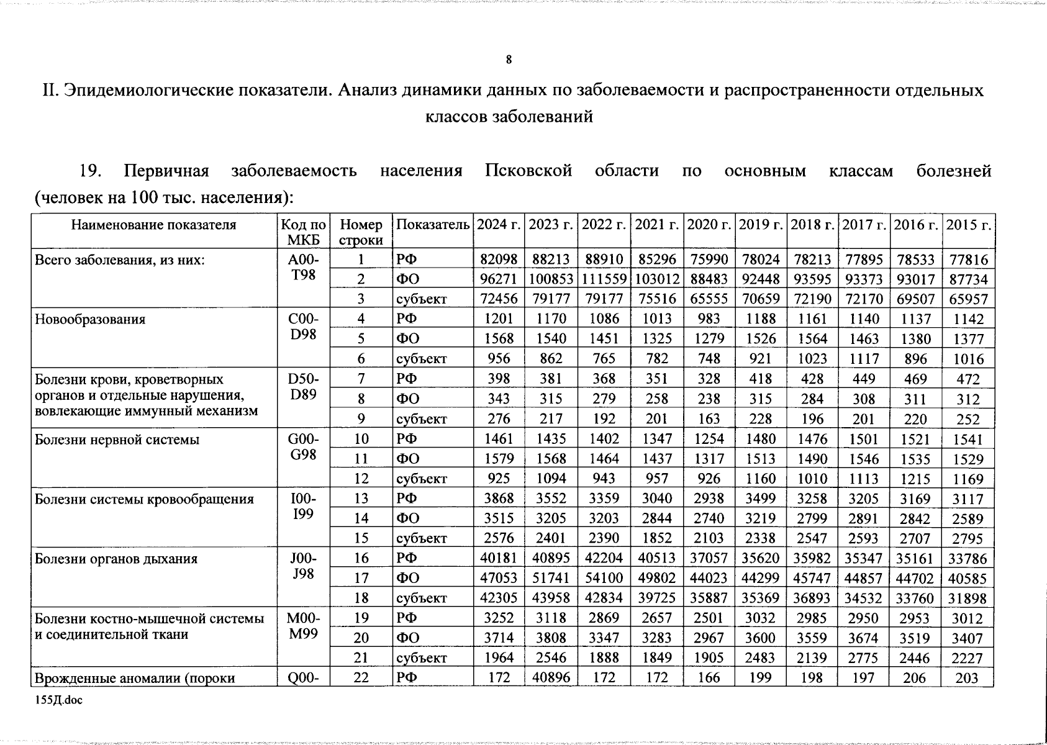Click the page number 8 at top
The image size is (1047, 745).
pos(509,60)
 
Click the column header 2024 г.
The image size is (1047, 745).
pos(499,225)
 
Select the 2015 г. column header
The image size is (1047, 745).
pos(968,225)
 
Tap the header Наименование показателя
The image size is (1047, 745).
pos(153,225)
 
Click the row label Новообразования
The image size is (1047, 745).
pos(90,319)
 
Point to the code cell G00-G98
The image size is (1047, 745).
pos(304,447)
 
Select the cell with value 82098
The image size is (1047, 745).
pos(499,260)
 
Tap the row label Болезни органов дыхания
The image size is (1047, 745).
pos(116,559)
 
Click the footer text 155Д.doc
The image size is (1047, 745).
pos(58,700)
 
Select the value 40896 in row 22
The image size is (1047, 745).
pos(551,678)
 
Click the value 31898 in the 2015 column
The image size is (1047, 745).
pos(968,598)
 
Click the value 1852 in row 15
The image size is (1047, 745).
pos(656,538)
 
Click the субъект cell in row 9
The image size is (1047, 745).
pos(421,419)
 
